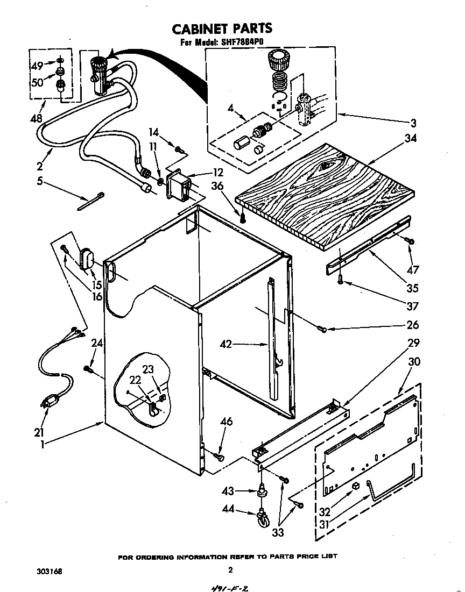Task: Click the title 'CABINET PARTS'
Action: click(222, 28)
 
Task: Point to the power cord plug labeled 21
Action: click(49, 402)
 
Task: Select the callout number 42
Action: click(226, 344)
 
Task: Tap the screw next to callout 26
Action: click(321, 329)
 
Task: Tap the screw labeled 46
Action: click(219, 456)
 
